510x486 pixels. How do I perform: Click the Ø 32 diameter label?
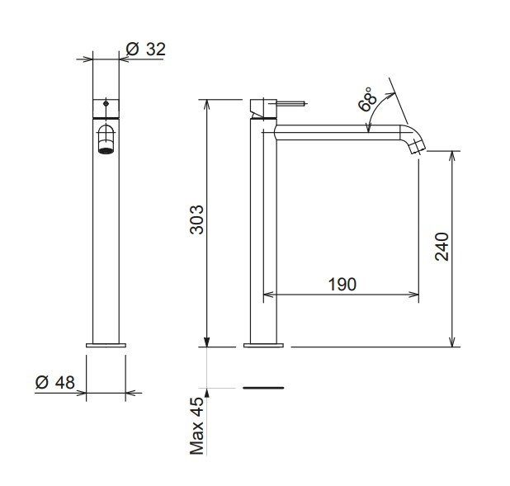coord(146,50)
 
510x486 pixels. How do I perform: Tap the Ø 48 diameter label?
coord(55,382)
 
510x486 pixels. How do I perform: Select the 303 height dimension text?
coord(196,219)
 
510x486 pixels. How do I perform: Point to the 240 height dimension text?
coord(442,247)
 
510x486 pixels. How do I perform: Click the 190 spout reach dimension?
coord(342,285)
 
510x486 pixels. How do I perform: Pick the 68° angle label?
coord(367,99)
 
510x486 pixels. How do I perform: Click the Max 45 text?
coord(196,426)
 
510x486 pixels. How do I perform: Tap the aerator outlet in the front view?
coord(106,150)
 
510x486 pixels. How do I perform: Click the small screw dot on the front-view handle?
coord(106,104)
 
